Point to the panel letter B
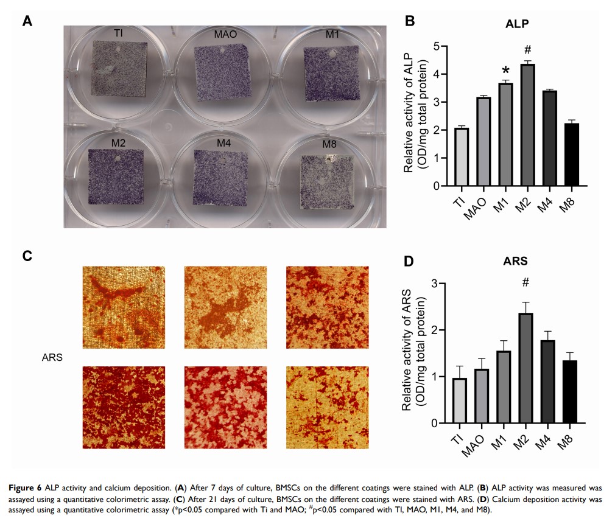point(410,22)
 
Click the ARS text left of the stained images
point(52,357)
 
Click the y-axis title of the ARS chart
point(412,353)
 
